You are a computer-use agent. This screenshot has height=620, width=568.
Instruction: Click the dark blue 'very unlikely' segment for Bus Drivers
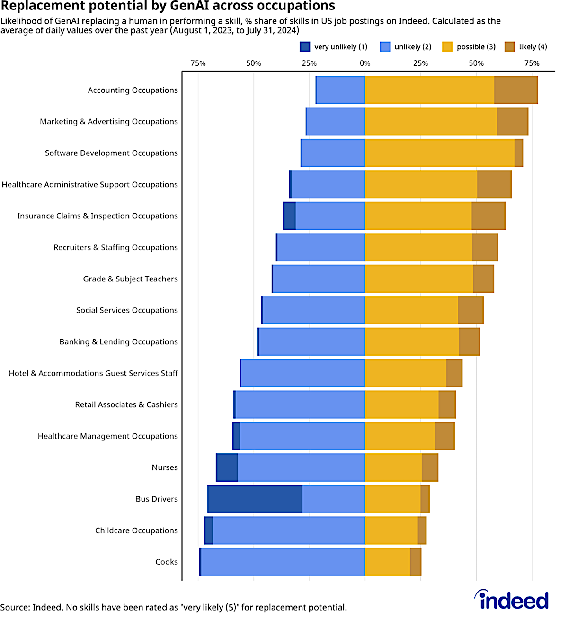[x=255, y=499]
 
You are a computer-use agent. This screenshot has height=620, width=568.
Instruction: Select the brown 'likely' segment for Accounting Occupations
[x=515, y=90]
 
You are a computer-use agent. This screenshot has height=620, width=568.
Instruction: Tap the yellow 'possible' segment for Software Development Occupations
[x=439, y=153]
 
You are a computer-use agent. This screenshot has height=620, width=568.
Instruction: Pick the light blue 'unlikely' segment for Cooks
[x=283, y=562]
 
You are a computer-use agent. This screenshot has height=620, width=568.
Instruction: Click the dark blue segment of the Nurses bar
[x=227, y=467]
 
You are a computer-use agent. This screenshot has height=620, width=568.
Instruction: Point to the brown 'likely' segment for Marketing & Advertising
[x=512, y=121]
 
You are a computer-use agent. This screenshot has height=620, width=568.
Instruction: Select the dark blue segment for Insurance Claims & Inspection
[x=289, y=216]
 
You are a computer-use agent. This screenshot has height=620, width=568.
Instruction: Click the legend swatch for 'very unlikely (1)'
[x=305, y=46]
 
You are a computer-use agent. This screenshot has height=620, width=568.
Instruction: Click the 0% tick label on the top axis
[x=364, y=63]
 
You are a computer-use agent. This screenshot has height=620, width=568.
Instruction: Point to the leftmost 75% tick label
[x=198, y=63]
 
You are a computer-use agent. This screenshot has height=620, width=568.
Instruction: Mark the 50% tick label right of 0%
[x=476, y=63]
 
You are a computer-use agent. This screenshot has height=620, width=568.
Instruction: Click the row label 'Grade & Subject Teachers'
[x=130, y=279]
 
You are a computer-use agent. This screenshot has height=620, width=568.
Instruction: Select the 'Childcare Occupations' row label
[x=136, y=530]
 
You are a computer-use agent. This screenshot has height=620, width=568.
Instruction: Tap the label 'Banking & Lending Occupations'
[x=118, y=341]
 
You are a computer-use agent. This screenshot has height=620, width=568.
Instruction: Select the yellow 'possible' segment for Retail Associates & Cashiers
[x=401, y=404]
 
